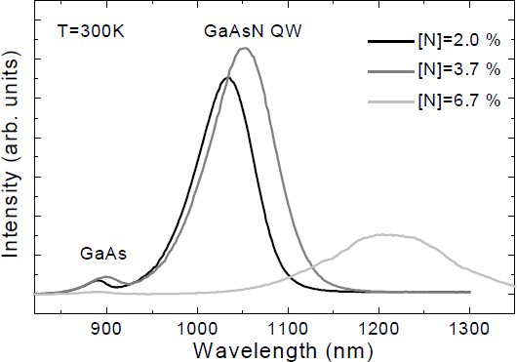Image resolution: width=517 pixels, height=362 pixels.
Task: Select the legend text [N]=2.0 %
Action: (461, 42)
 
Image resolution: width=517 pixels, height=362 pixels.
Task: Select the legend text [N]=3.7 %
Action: (461, 69)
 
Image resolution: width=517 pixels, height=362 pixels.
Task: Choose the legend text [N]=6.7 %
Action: (461, 101)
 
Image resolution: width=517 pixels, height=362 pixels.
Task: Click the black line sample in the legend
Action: (394, 42)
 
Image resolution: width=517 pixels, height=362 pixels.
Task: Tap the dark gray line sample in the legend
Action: (394, 70)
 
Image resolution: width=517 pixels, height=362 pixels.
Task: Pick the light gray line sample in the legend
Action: (394, 101)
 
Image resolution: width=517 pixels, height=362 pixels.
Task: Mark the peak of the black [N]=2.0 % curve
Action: (227, 77)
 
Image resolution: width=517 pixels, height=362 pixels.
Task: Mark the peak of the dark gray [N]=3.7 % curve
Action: (245, 48)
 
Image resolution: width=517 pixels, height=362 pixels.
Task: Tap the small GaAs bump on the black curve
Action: (99, 280)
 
